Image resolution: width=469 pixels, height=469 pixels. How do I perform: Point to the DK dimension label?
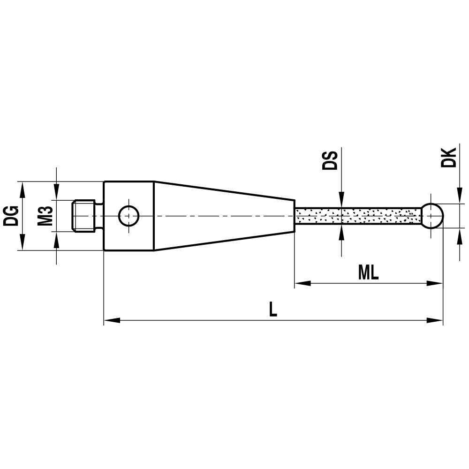(x=449, y=158)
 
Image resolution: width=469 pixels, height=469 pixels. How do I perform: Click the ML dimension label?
(x=368, y=273)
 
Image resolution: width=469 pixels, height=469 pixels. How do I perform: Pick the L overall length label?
(x=273, y=309)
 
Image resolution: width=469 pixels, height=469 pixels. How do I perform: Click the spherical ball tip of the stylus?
(x=432, y=215)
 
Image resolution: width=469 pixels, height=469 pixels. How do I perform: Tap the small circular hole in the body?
(x=129, y=216)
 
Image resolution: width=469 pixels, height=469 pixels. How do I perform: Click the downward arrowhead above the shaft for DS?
(x=342, y=199)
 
